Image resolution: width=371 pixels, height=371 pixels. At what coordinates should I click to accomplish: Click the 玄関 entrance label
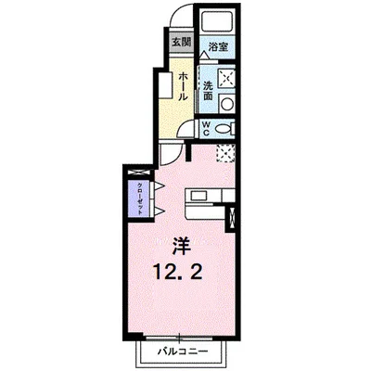point(181,42)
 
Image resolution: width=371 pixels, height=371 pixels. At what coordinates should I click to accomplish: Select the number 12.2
point(177,275)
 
